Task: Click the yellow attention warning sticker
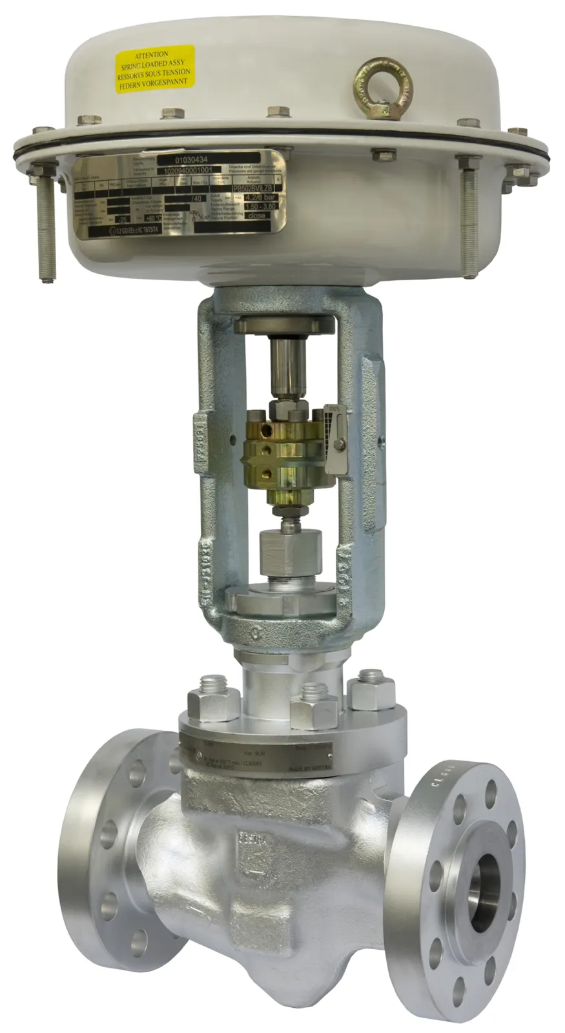point(154,69)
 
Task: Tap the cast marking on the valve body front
point(254,839)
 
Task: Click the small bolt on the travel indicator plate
point(338,444)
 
